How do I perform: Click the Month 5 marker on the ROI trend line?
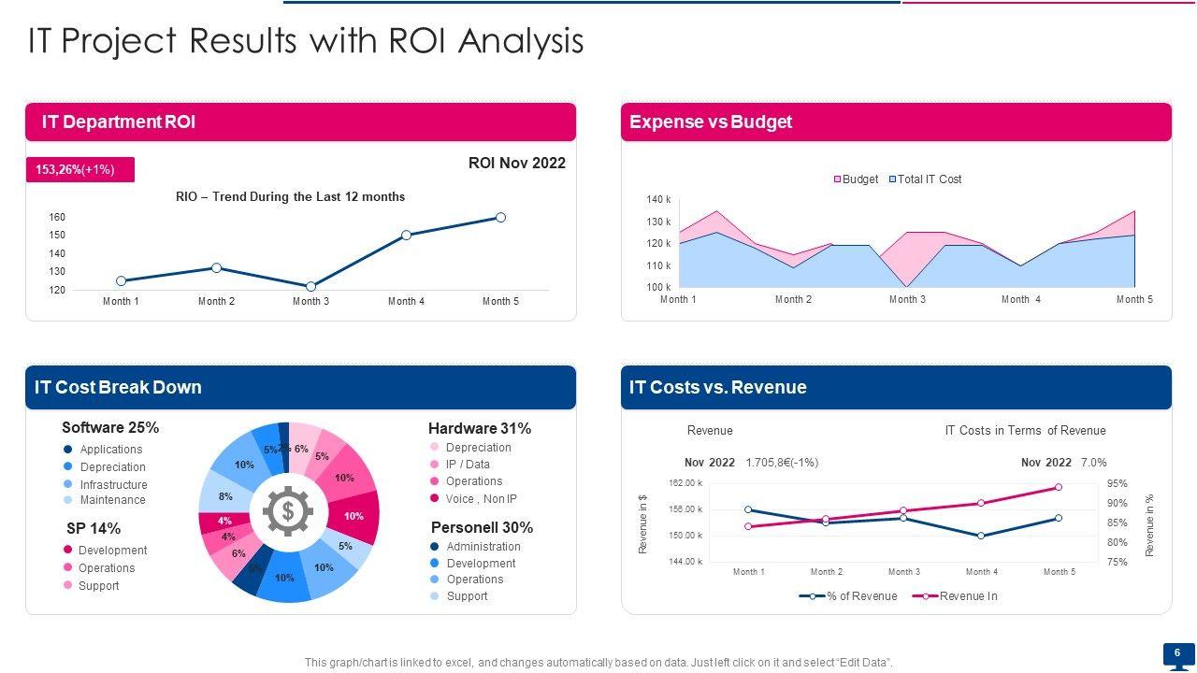pos(500,218)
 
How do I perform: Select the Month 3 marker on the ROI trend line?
pos(310,287)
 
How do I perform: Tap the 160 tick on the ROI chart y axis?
pos(57,218)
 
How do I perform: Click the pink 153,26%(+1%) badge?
pos(79,169)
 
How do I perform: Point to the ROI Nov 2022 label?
pos(516,164)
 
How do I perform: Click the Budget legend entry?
pos(856,179)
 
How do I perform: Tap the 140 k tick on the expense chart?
pos(658,200)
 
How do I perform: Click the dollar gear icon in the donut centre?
pos(288,511)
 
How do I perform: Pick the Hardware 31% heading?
pos(479,428)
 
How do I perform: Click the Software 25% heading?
pos(110,427)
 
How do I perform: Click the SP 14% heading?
pos(94,528)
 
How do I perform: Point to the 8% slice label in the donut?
pos(225,497)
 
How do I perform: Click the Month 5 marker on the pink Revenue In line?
pos(1058,487)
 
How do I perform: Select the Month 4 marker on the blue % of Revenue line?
pos(981,536)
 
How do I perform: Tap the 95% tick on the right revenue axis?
pos(1117,484)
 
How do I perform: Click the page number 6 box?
pos(1177,653)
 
